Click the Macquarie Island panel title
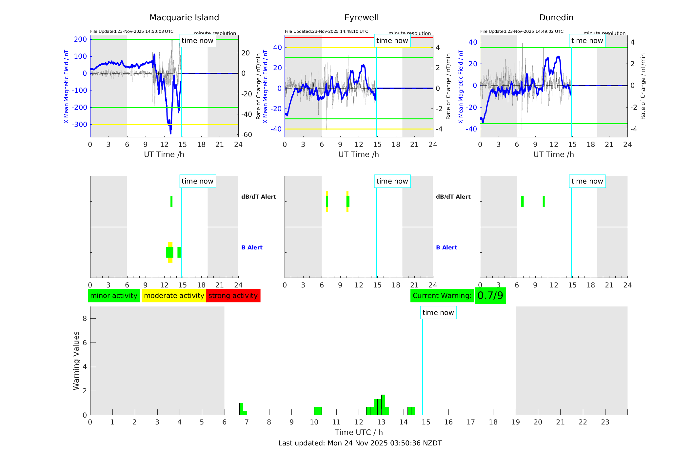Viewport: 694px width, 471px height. [184, 18]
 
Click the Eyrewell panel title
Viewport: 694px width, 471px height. [361, 18]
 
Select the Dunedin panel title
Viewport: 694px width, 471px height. [556, 18]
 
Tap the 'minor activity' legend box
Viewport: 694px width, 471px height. [114, 296]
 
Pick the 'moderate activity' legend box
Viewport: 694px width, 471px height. [174, 296]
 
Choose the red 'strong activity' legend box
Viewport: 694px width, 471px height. [233, 296]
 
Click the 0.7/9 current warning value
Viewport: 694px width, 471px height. [490, 296]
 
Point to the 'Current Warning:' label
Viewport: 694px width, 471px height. [442, 296]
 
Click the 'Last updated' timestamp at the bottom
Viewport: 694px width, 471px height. [360, 443]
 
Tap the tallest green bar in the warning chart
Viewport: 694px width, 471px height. [383, 405]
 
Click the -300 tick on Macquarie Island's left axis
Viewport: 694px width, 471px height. [80, 125]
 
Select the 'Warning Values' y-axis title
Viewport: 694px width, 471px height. [76, 361]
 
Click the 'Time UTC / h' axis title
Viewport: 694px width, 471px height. [359, 432]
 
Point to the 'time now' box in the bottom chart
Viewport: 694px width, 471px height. [438, 313]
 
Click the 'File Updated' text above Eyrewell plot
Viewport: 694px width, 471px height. [326, 31]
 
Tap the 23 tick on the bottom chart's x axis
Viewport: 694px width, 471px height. [605, 422]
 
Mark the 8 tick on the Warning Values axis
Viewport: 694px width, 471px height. [85, 318]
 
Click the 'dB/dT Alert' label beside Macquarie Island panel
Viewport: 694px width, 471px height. [258, 197]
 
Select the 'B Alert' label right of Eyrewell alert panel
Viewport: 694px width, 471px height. [446, 247]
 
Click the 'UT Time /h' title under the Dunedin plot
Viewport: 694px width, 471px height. [553, 154]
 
